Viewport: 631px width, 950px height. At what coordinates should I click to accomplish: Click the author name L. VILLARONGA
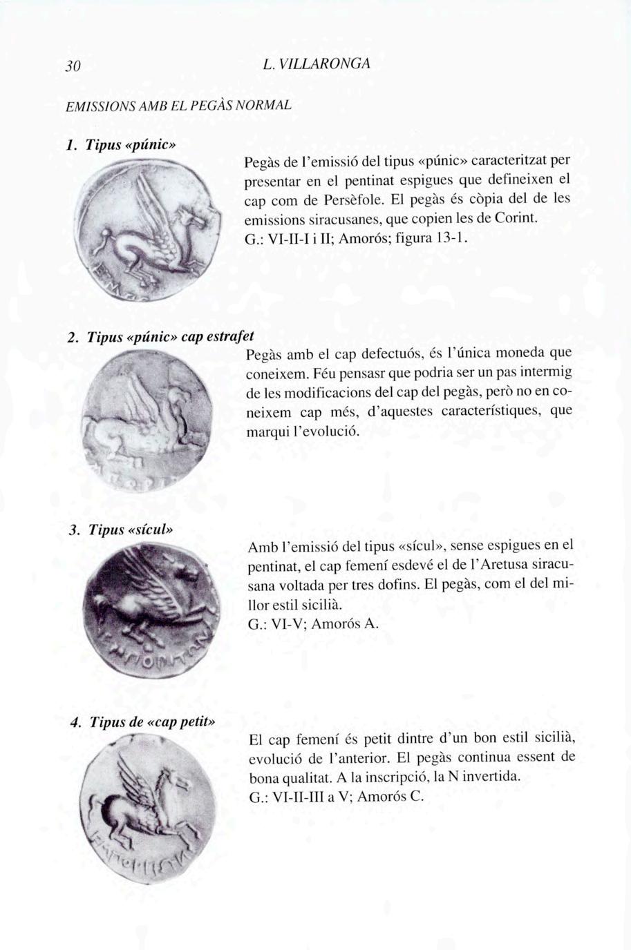pos(317,64)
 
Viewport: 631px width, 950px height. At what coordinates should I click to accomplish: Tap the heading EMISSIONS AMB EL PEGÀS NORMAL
pos(178,106)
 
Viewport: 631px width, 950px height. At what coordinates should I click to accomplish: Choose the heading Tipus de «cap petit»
pos(153,722)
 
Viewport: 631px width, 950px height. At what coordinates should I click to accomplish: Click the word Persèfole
pos(351,201)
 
